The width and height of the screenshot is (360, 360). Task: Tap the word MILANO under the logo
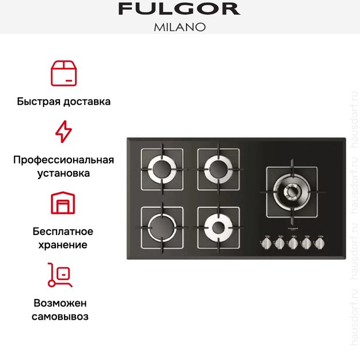tap(180, 27)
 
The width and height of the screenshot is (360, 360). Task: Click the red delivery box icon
tap(63, 72)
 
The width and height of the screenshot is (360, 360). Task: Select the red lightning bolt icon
tap(63, 132)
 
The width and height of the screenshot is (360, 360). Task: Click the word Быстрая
tap(39, 101)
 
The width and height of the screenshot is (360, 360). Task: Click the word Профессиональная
tap(63, 160)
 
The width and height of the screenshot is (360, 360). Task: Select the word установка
tap(63, 173)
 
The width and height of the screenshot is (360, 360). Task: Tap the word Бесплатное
tap(63, 232)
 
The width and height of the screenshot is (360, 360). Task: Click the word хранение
tap(63, 245)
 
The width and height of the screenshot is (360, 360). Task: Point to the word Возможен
tap(63, 303)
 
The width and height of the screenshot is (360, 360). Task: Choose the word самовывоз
tap(63, 316)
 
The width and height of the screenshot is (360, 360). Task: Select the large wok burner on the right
tap(291, 191)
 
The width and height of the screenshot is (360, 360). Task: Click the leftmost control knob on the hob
tap(267, 244)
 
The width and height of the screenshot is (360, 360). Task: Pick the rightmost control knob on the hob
tap(319, 244)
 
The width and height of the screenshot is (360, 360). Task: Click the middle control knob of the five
tap(293, 244)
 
